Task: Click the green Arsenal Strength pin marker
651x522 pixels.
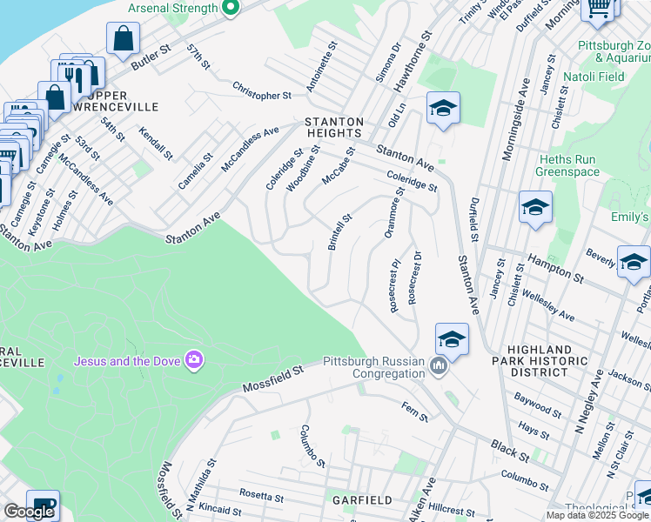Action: (230, 10)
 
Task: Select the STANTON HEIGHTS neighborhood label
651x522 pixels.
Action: (332, 127)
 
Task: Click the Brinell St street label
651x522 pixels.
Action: (339, 232)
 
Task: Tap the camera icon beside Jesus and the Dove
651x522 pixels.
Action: (193, 359)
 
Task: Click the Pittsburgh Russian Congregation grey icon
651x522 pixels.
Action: (438, 365)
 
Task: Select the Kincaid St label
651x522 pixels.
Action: (218, 509)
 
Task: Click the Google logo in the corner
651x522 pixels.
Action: (30, 512)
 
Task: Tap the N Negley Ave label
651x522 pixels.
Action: (591, 408)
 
